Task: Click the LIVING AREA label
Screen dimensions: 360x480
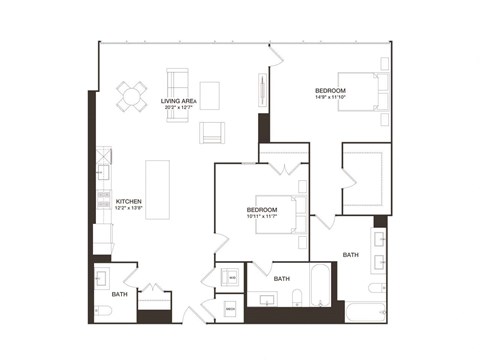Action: [178, 101]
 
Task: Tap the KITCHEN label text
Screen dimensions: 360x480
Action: [129, 201]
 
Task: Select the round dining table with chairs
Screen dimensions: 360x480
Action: [131, 96]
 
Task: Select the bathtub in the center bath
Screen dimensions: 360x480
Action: [319, 286]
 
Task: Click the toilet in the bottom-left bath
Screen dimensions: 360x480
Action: [103, 311]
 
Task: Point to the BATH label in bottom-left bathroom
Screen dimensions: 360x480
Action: [119, 295]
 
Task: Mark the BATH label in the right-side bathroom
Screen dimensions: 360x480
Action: [351, 255]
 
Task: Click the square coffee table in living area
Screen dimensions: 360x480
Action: [209, 95]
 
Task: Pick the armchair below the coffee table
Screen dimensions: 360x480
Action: [212, 132]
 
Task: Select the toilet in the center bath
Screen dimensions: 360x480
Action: [297, 296]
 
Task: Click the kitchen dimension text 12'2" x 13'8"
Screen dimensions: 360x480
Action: [129, 208]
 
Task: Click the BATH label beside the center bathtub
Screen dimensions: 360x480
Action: [282, 278]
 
